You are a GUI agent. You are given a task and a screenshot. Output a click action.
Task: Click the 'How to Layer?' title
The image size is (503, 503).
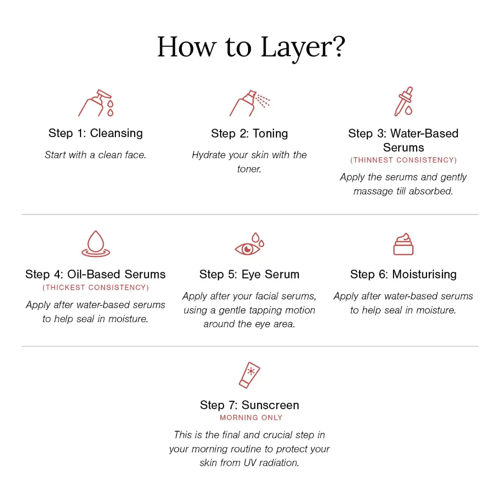(x=251, y=48)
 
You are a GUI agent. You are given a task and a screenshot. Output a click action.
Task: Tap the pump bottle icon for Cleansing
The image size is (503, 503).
(x=96, y=103)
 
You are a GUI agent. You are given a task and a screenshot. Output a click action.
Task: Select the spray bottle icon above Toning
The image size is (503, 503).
(x=250, y=103)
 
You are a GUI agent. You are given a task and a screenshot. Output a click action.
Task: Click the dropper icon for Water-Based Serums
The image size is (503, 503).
(x=404, y=101)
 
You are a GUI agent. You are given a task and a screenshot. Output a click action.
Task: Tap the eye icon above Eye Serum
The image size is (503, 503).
(x=250, y=244)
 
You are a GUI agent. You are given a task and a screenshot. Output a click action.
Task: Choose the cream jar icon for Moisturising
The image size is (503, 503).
(x=403, y=244)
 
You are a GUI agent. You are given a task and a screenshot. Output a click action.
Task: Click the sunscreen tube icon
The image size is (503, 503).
(x=250, y=375)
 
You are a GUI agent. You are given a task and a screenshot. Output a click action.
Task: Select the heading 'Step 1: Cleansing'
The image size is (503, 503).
(x=96, y=133)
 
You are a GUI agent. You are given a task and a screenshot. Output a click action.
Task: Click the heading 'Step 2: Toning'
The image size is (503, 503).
(x=250, y=134)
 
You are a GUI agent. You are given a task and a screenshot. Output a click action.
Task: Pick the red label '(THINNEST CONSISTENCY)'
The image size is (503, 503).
(x=404, y=160)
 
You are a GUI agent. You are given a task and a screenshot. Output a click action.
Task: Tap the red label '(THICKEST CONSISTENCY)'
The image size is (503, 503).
(x=96, y=287)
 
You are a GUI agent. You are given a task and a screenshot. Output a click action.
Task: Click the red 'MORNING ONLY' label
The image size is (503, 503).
(x=251, y=418)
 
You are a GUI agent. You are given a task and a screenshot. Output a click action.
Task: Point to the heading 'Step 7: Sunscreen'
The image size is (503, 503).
(x=250, y=405)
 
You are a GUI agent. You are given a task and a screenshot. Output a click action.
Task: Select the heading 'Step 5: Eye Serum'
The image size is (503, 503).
(x=249, y=275)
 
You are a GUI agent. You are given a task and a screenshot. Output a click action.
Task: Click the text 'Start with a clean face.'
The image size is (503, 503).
(x=96, y=155)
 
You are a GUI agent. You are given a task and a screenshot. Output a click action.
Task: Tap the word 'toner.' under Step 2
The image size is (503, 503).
(x=249, y=169)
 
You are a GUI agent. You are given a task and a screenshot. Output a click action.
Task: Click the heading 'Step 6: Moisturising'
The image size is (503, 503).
(x=404, y=275)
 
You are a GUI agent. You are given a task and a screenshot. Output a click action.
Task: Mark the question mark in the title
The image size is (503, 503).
(x=338, y=47)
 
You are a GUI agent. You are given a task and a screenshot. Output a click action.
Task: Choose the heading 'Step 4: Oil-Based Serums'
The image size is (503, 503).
(x=96, y=275)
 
